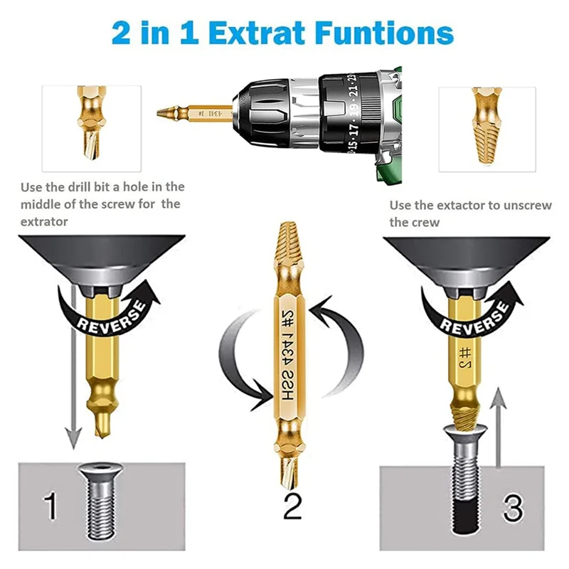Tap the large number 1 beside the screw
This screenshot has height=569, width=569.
tap(50, 506)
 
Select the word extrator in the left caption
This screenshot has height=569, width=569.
tap(44, 222)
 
